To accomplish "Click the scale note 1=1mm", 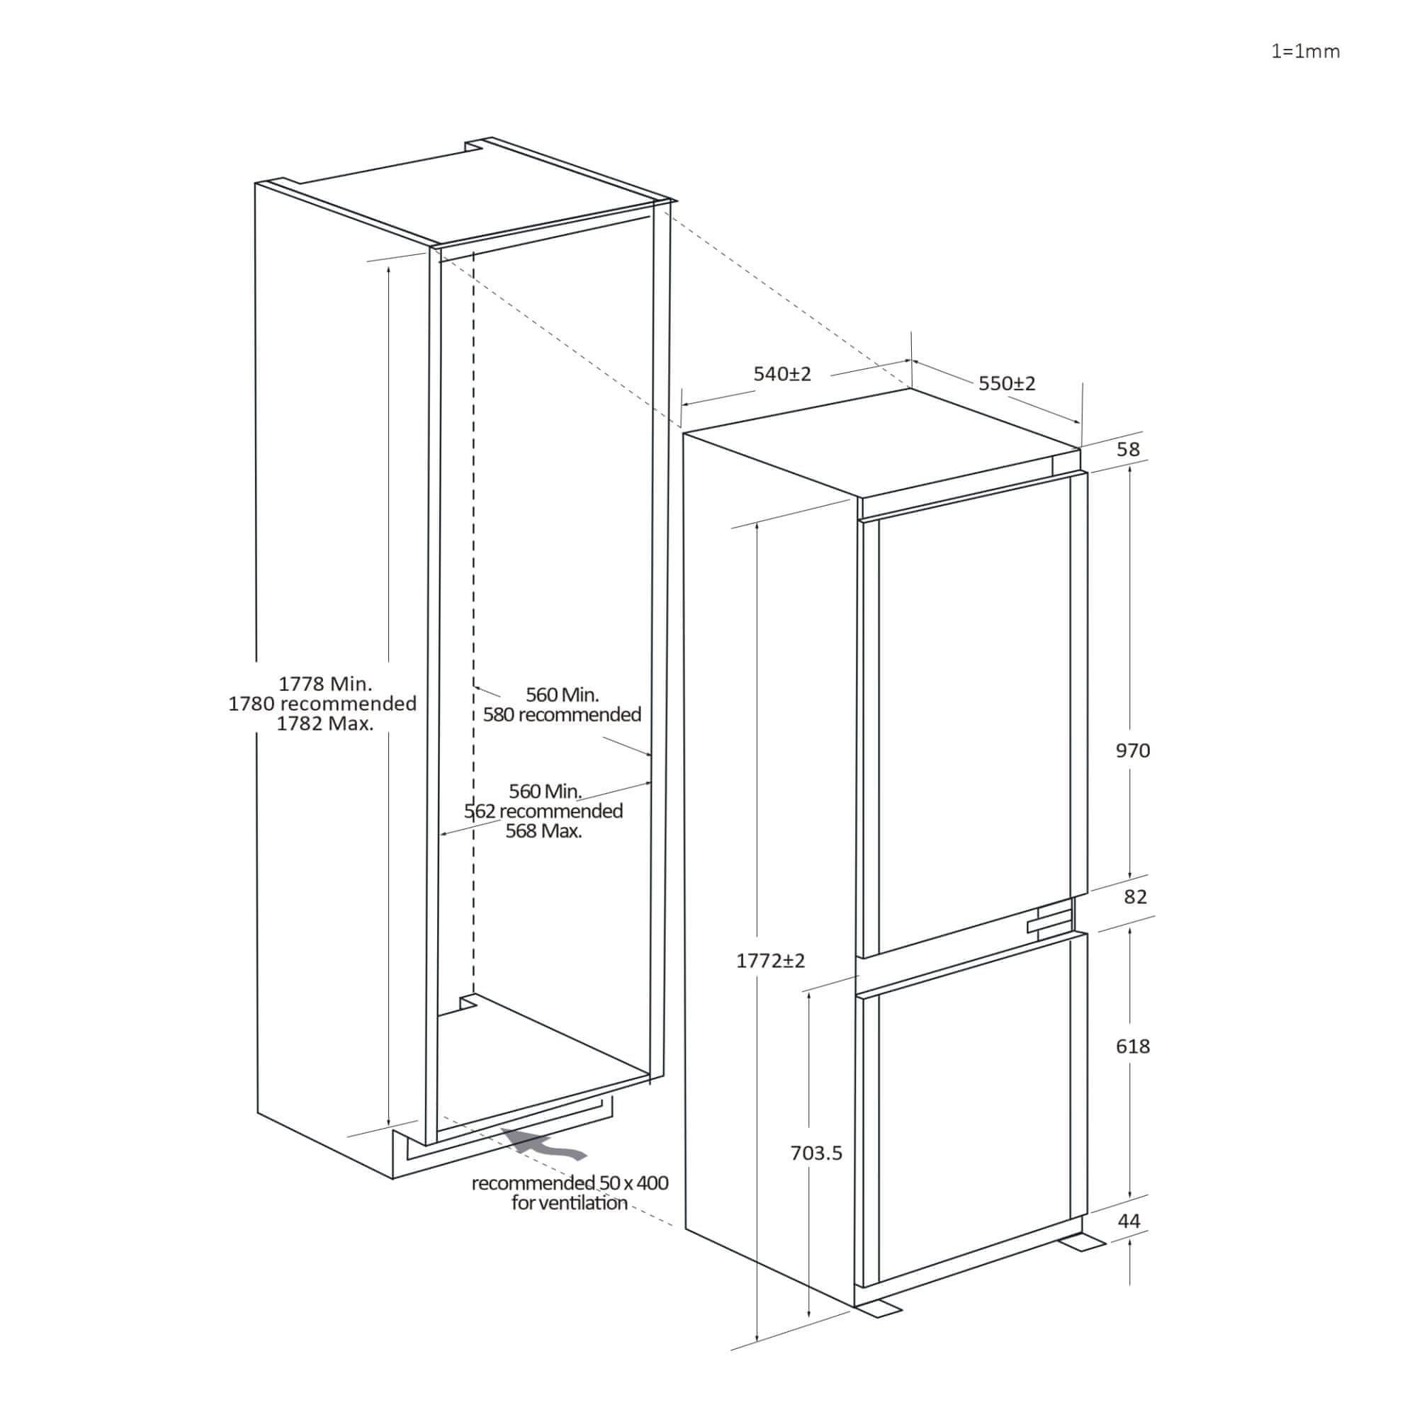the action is click(x=1306, y=51).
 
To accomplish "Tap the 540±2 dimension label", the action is click(x=783, y=374).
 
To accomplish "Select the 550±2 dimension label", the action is click(x=1007, y=383).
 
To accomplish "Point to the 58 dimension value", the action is click(x=1128, y=450).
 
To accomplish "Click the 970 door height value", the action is click(x=1132, y=750).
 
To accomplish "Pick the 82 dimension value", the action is click(x=1134, y=896).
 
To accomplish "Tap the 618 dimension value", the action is click(x=1132, y=1046).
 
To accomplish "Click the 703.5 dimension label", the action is click(x=816, y=1153).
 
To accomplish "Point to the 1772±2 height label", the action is click(x=770, y=961).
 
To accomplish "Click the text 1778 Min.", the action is click(x=325, y=684).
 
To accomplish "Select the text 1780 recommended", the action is click(x=322, y=704).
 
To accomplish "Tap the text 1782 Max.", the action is click(x=325, y=724).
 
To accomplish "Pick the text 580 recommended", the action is click(x=562, y=714).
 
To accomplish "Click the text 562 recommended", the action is click(x=543, y=811).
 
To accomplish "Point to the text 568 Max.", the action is click(x=543, y=831).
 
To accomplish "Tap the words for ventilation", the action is click(x=569, y=1203).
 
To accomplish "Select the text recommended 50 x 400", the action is click(x=570, y=1183).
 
